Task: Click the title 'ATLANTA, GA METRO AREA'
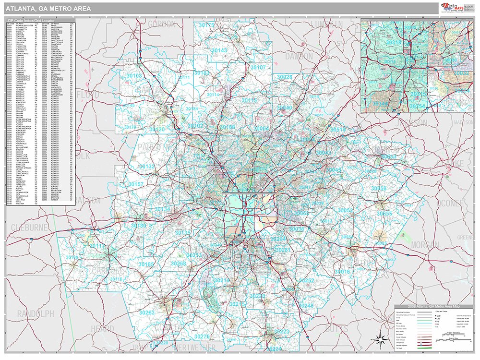pyautogui.click(x=42, y=8)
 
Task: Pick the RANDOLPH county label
pyautogui.click(x=36, y=313)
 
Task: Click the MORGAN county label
pyautogui.click(x=424, y=245)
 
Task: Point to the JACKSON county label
pyautogui.click(x=411, y=123)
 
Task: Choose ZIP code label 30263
pyautogui.click(x=147, y=312)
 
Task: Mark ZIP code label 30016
pyautogui.click(x=342, y=272)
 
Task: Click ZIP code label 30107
pyautogui.click(x=258, y=68)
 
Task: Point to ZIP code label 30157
pyautogui.click(x=136, y=184)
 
